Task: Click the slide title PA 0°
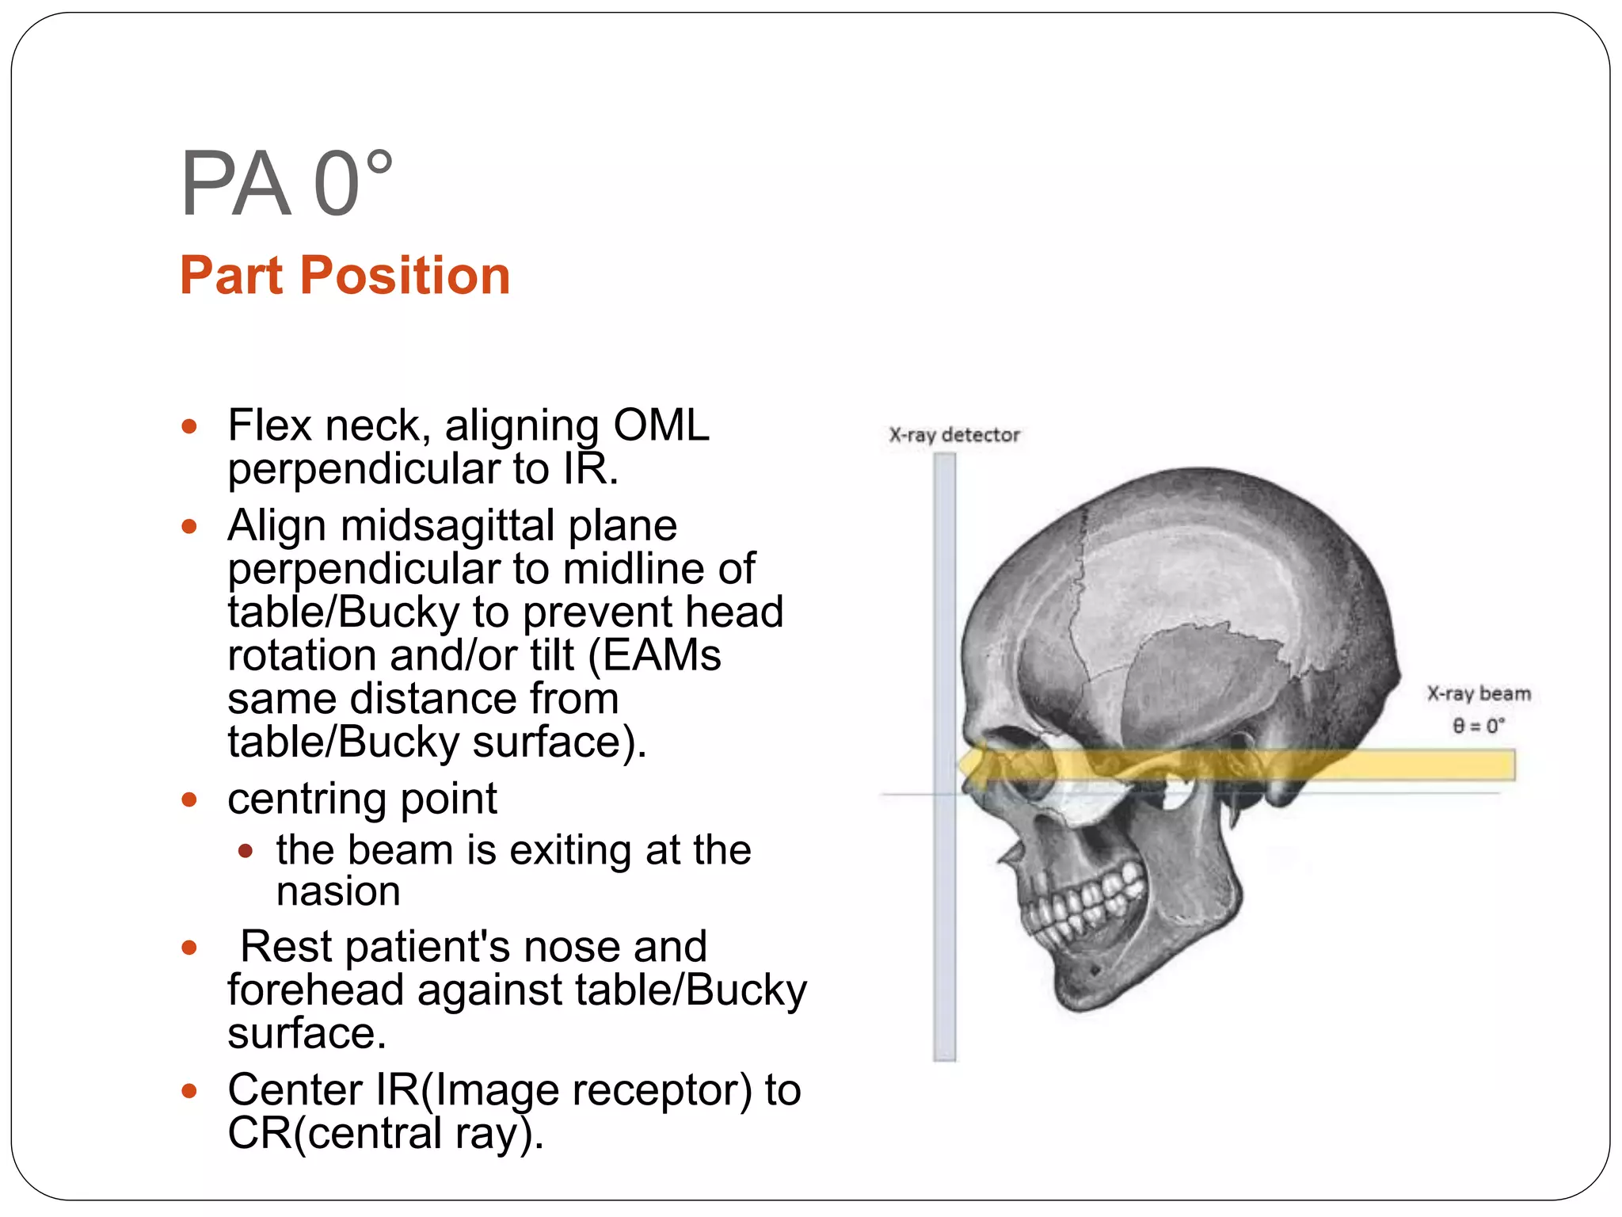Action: click(x=286, y=184)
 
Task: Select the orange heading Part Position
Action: click(x=345, y=276)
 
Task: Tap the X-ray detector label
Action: click(x=954, y=435)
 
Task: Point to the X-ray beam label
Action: click(x=1478, y=694)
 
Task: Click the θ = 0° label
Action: click(x=1478, y=726)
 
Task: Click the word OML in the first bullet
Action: click(x=661, y=425)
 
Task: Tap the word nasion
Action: click(x=338, y=891)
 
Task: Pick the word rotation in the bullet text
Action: click(x=302, y=656)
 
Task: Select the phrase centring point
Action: click(x=362, y=799)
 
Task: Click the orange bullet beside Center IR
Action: click(x=188, y=1091)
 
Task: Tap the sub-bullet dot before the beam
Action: click(x=246, y=852)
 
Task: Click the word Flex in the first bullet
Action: click(x=269, y=425)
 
